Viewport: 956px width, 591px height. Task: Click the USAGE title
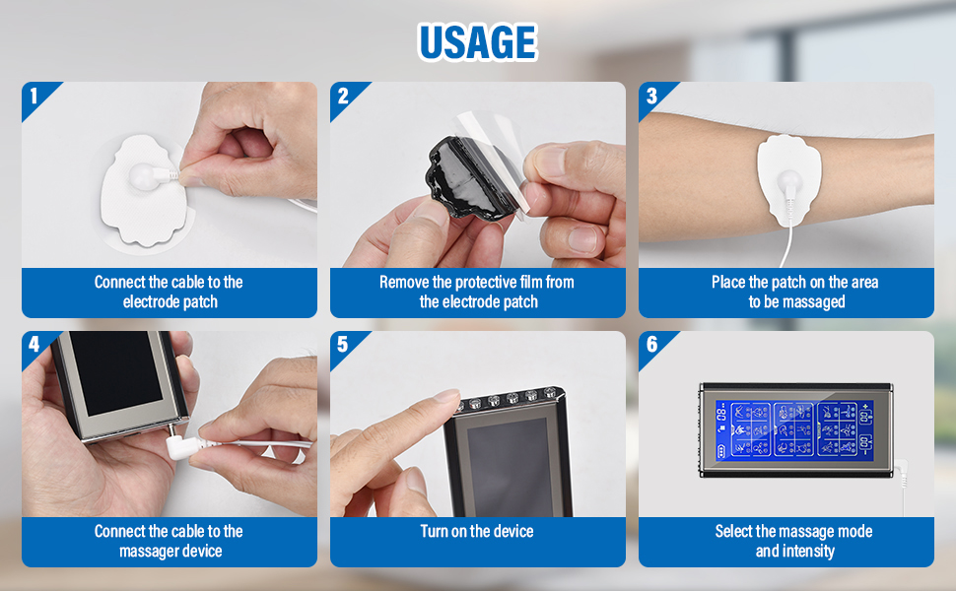477,41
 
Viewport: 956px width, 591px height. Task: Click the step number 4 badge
34,345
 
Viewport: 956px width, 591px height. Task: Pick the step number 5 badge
343,345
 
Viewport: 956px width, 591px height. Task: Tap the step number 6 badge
651,345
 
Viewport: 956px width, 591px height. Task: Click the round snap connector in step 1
144,176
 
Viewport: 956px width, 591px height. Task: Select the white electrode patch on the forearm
788,178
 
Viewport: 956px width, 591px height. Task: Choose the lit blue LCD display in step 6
794,428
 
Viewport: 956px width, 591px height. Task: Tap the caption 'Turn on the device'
477,531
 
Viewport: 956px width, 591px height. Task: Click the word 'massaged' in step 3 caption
813,302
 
